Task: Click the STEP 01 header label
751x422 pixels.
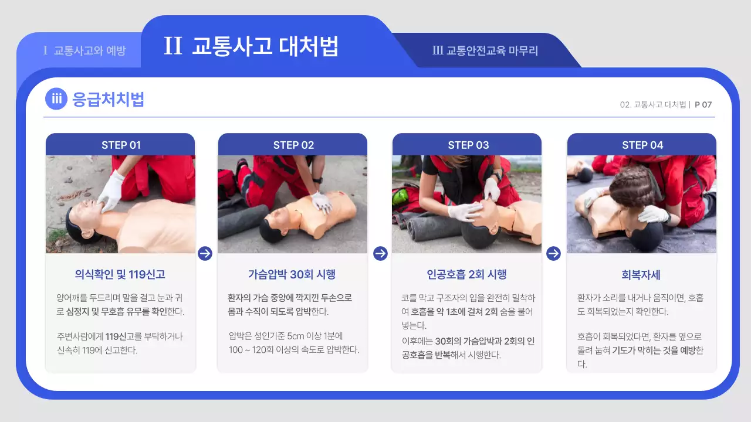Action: coord(121,145)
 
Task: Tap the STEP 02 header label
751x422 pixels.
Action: coord(293,145)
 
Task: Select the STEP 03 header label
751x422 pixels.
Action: coord(468,145)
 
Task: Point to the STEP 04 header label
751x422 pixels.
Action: coord(642,145)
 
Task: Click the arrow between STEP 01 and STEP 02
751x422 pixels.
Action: coord(205,253)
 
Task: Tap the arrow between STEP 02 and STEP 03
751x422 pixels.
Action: coord(380,253)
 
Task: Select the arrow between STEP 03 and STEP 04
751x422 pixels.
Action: coord(553,253)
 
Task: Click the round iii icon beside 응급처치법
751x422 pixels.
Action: coord(56,99)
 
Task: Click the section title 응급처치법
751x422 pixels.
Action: coord(108,99)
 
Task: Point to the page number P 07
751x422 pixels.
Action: coord(703,105)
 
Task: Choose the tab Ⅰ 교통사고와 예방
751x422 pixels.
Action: coord(84,50)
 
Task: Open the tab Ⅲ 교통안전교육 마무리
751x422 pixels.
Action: coord(485,50)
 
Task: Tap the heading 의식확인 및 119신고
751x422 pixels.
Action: coord(120,274)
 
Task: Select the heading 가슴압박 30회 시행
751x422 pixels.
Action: coord(292,274)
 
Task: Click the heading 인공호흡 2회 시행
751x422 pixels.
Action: coord(466,274)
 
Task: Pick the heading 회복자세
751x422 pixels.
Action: coord(641,275)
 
